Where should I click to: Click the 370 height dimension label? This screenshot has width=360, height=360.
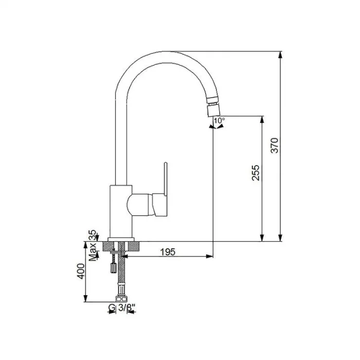[x=275, y=146]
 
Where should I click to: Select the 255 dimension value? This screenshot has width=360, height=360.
[x=256, y=173]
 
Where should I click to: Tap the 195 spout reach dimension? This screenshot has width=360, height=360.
[x=168, y=252]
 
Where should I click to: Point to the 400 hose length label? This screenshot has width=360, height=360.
[x=81, y=271]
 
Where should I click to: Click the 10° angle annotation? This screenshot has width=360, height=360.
[x=220, y=120]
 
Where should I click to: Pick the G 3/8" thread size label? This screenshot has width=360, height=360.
[x=122, y=308]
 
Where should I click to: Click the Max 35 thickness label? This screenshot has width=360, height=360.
[x=93, y=245]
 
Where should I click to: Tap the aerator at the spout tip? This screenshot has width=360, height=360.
[x=213, y=110]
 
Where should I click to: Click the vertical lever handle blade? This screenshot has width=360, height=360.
[x=166, y=179]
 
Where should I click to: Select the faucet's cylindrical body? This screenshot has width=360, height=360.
[x=121, y=211]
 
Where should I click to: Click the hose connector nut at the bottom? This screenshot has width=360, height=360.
[x=122, y=299]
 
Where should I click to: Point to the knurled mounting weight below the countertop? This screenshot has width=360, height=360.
[x=113, y=268]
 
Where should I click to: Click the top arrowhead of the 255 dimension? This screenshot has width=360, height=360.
[x=262, y=120]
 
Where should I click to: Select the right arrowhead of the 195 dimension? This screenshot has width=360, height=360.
[x=209, y=256]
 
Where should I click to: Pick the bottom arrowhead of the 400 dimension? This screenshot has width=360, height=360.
[x=86, y=298]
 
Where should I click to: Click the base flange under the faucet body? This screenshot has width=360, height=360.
[x=121, y=240]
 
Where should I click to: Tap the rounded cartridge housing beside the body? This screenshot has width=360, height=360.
[x=139, y=205]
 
